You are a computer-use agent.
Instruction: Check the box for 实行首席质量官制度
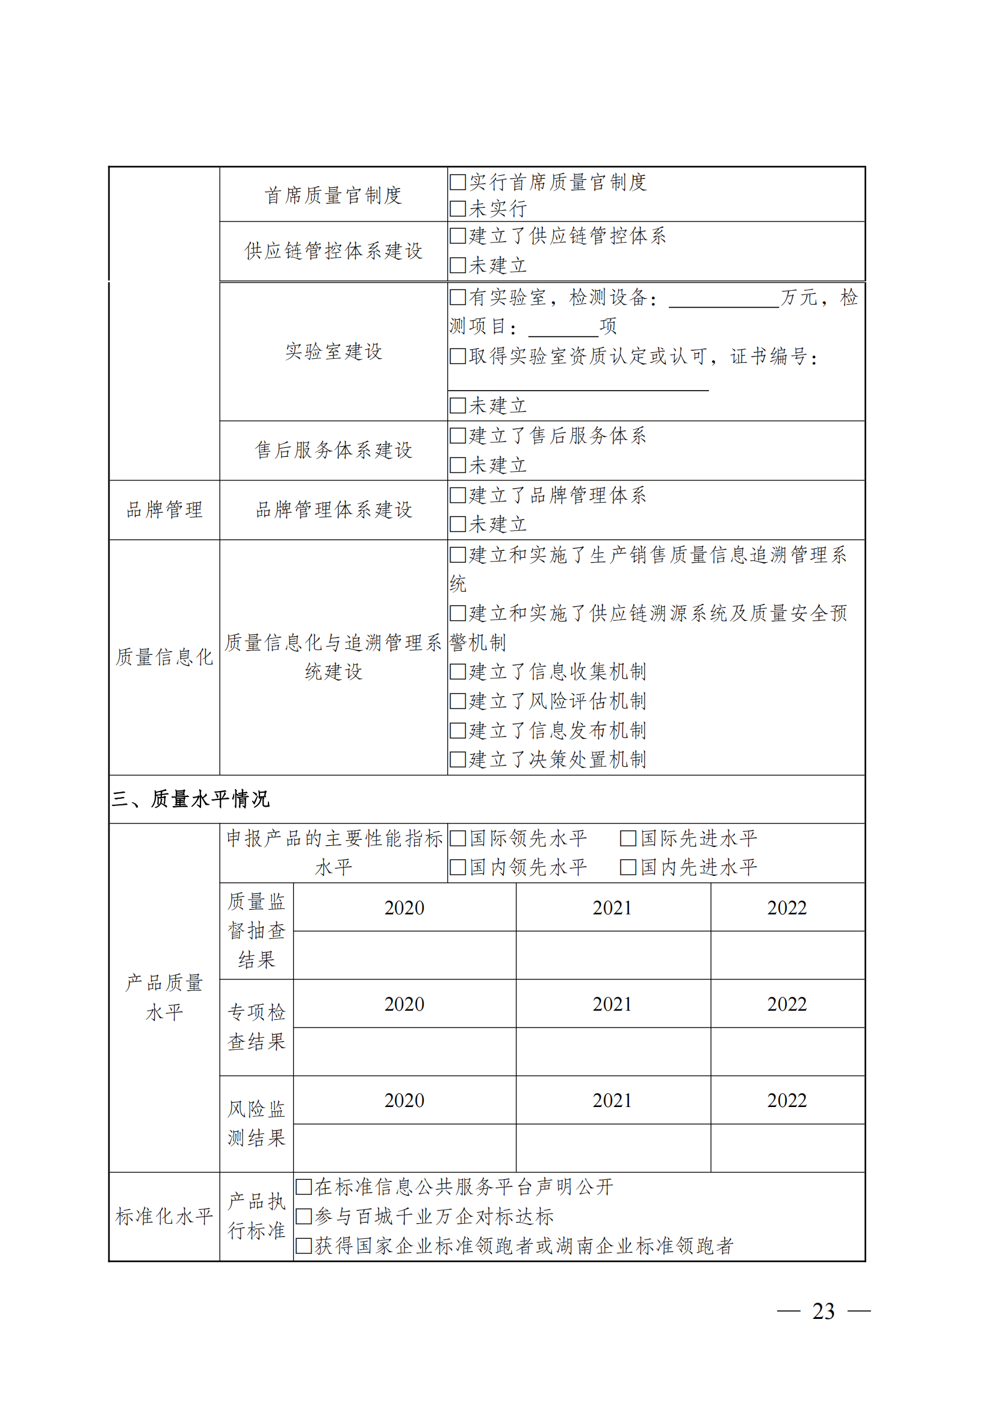pos(457,182)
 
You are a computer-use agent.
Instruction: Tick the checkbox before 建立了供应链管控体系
pos(457,236)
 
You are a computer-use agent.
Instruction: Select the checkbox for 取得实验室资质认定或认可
pos(457,356)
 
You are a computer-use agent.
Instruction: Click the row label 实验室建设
pos(333,352)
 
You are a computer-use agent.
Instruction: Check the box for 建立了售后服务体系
pos(457,436)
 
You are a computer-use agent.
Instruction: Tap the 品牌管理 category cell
pos(164,510)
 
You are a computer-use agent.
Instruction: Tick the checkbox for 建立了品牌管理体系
pos(457,495)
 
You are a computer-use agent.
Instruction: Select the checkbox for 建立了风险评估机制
pos(457,701)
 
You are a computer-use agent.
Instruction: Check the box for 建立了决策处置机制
pos(457,760)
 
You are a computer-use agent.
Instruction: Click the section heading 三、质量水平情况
pos(190,799)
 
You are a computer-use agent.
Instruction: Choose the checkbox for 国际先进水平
pos(628,839)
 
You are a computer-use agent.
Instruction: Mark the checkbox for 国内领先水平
pos(457,867)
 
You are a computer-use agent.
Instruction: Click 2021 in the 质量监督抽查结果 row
pos(612,908)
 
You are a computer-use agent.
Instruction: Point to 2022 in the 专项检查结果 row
pos(787,1004)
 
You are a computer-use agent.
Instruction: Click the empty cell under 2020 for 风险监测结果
pos(404,1147)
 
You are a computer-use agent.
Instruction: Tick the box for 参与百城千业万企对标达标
pos(303,1216)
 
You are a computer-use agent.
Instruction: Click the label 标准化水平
pos(164,1216)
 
